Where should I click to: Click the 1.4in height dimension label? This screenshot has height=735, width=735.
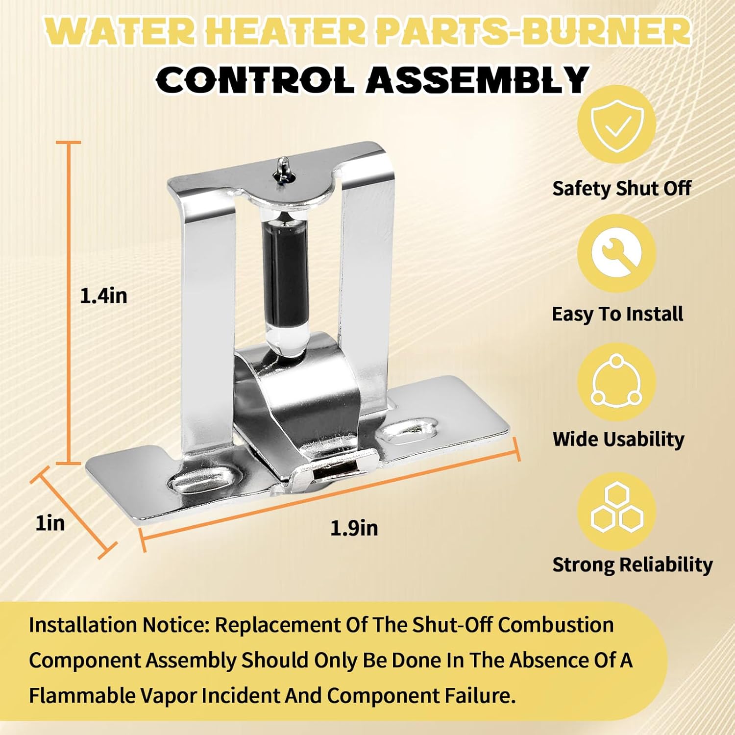[x=103, y=296]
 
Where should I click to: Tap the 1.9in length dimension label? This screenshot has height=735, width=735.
[x=354, y=528]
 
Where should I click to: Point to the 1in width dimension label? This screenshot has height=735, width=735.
[x=50, y=523]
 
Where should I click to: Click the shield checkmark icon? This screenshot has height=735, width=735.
[x=616, y=123]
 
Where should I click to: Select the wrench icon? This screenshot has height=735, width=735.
[x=616, y=253]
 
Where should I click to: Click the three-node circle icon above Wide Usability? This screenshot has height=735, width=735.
[x=616, y=382]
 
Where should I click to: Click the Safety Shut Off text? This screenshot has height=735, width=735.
[x=621, y=188]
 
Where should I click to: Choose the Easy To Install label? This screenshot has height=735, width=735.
[x=617, y=314]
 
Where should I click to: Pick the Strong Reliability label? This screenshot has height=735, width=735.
[x=632, y=564]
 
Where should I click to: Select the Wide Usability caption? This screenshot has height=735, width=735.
[x=618, y=439]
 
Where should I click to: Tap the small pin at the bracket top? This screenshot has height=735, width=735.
[x=283, y=169]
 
